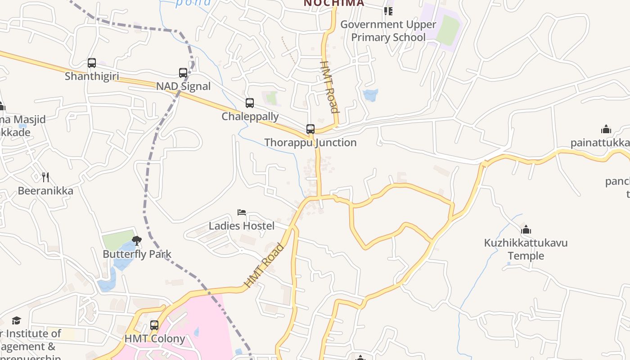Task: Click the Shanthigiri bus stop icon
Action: point(92,63)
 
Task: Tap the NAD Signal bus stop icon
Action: point(183,72)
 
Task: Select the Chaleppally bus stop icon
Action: point(250,103)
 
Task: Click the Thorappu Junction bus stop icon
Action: point(310,129)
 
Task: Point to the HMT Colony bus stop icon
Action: point(154,325)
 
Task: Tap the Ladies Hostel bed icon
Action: point(242,212)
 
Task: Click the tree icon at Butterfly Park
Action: point(137,241)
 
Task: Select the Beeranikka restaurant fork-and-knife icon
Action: point(45,177)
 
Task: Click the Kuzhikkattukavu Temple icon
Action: point(526,229)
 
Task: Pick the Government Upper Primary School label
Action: point(388,31)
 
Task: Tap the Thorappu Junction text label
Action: point(310,143)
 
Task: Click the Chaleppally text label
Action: point(250,117)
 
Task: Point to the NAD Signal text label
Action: point(183,86)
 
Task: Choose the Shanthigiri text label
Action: point(92,76)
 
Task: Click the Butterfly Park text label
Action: point(137,254)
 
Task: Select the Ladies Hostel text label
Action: point(242,225)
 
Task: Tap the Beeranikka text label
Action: point(45,191)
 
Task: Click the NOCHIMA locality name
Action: point(333,3)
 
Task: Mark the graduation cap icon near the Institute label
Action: point(17,320)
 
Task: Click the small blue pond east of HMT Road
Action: point(370,95)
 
